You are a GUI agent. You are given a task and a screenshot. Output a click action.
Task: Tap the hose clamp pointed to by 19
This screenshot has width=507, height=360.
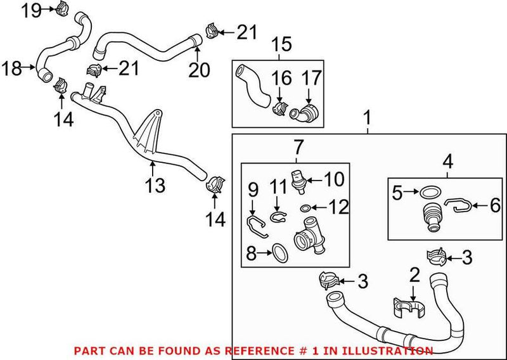tap(62, 10)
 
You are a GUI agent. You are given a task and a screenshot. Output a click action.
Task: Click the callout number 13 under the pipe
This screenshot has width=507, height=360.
tap(155, 185)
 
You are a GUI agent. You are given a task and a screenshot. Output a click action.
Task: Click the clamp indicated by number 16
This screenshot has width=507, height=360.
tap(278, 109)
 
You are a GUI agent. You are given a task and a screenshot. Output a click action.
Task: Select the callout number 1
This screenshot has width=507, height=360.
tap(368, 119)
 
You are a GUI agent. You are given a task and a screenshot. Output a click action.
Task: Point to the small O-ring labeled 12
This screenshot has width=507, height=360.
tap(305, 207)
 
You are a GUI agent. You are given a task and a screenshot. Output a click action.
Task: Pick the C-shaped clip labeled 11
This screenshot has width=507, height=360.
tap(276, 218)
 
